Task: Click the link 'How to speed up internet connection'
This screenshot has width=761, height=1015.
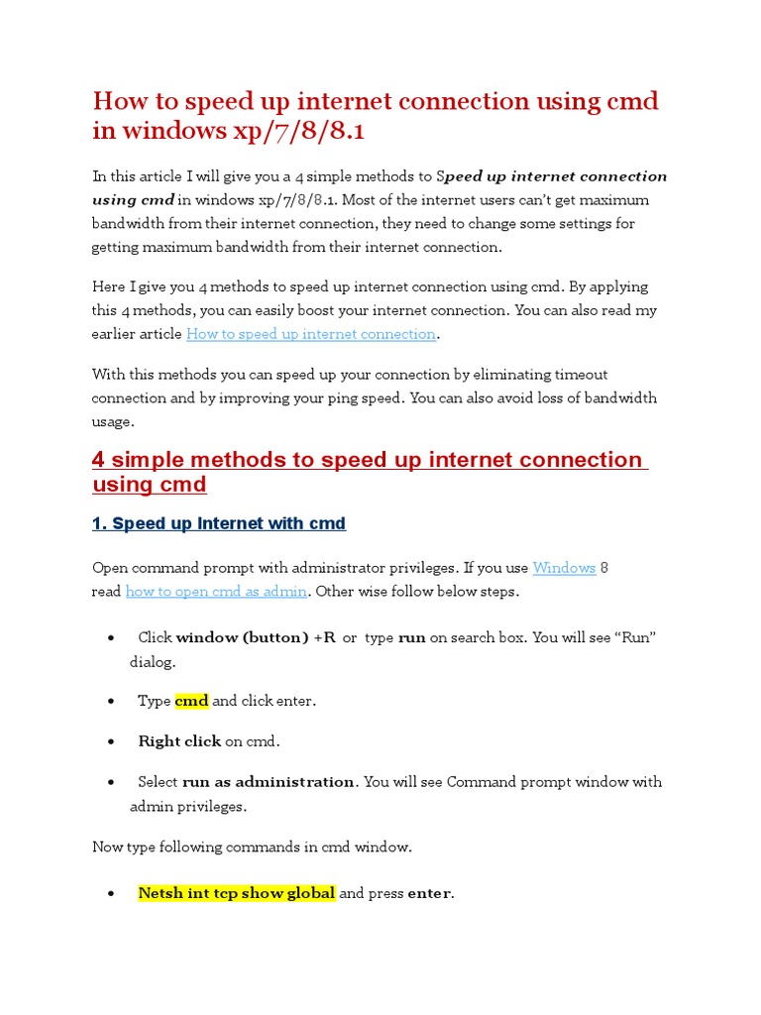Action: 311,334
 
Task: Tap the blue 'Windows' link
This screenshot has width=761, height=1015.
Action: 564,568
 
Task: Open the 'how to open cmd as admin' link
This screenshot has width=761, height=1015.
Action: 217,592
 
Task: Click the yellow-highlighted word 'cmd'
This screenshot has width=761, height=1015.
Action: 191,701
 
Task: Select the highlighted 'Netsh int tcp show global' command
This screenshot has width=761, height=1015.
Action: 237,893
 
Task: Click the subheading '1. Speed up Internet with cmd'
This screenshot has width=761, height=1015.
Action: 219,523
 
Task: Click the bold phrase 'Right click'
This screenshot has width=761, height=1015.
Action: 179,741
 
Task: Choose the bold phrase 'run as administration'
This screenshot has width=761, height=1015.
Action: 268,782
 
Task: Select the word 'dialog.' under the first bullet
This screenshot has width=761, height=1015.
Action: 153,662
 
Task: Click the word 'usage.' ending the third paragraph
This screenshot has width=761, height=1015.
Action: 113,422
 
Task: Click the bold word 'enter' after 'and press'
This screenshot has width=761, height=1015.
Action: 429,893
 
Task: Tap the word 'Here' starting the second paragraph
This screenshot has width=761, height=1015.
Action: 109,286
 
